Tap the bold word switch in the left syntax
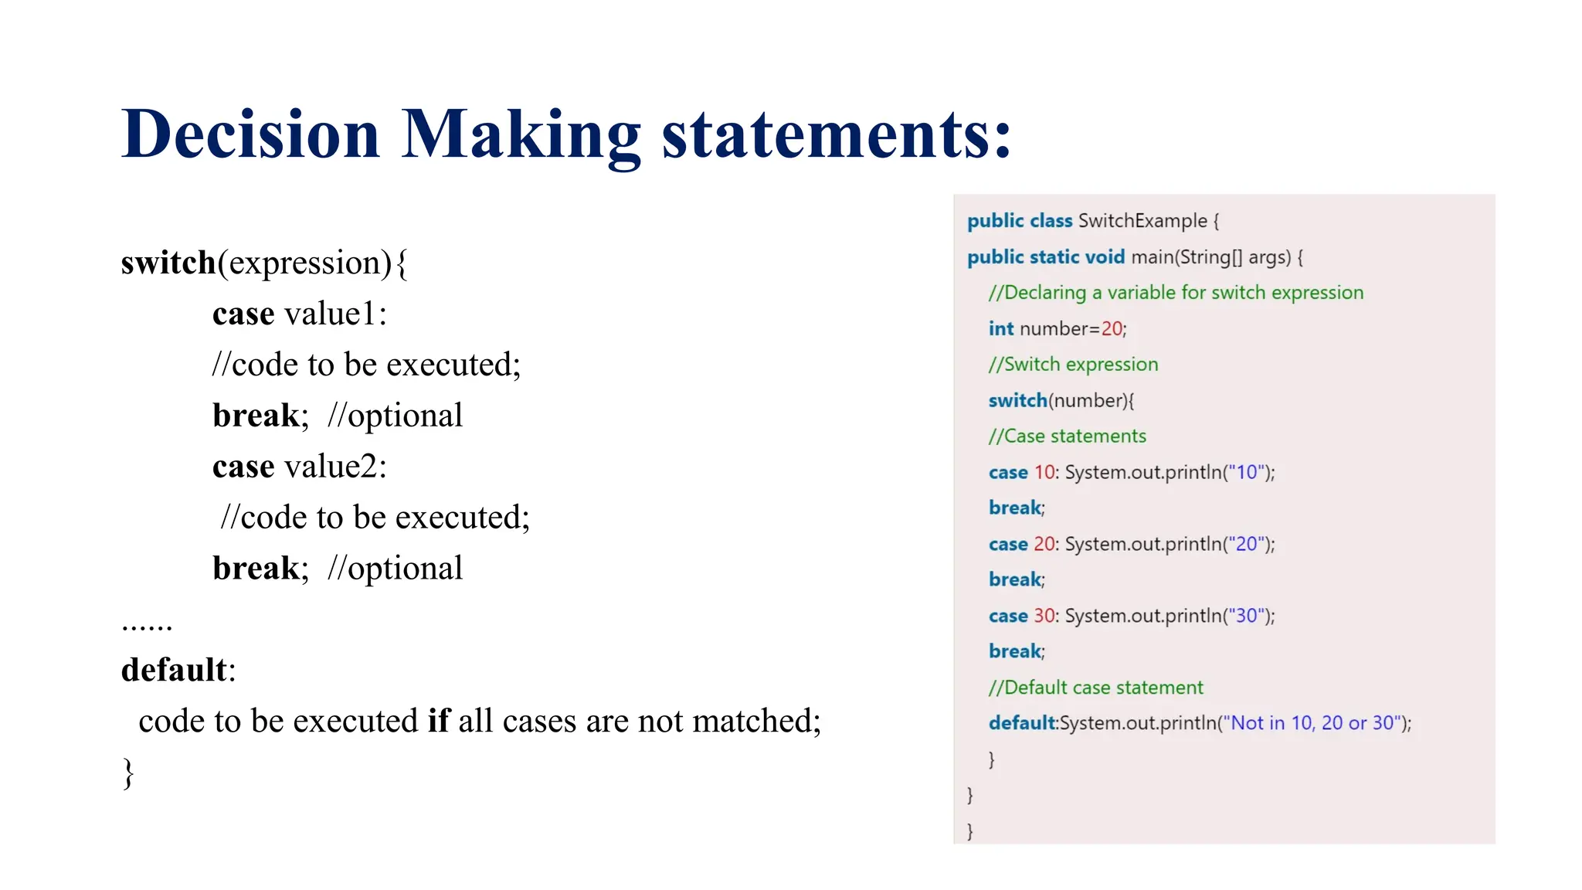click(168, 263)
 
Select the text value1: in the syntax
click(335, 314)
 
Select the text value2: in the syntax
click(335, 467)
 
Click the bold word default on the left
click(174, 670)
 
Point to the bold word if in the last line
click(438, 721)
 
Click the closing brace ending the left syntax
click(128, 773)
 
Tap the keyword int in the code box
click(1000, 329)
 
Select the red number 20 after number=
click(1112, 329)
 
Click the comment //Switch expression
click(1073, 365)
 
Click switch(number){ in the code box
click(1061, 401)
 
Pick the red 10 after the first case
click(1044, 472)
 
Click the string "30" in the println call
click(1246, 616)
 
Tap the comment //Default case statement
click(1095, 688)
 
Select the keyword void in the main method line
click(1105, 257)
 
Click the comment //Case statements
click(1067, 437)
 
